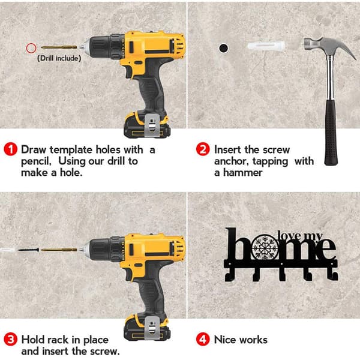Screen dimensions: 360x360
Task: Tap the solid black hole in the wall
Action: [x=223, y=48]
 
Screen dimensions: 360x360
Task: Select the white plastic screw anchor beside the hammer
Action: [x=266, y=46]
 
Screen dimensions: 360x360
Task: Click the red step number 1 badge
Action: [x=11, y=149]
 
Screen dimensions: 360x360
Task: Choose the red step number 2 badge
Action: [x=203, y=149]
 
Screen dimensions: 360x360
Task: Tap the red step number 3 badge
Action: [x=11, y=340]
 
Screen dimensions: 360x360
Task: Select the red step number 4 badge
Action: [x=203, y=340]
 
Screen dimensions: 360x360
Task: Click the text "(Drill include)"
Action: [x=59, y=58]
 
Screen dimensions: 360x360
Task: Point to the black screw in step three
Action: [x=28, y=250]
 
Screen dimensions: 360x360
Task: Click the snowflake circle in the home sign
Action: [x=265, y=247]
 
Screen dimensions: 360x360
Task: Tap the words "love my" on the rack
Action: [x=300, y=236]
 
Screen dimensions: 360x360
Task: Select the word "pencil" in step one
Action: [x=36, y=161]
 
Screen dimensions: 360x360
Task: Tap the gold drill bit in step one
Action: [x=59, y=47]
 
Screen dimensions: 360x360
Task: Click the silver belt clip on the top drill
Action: [x=152, y=125]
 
